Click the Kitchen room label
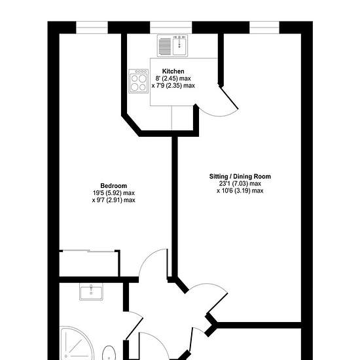click(x=173, y=71)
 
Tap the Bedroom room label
click(x=114, y=185)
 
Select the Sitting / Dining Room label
click(x=240, y=176)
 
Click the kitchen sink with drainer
click(x=172, y=46)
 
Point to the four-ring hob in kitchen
click(x=138, y=81)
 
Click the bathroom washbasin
click(x=91, y=291)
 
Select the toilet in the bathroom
click(x=109, y=352)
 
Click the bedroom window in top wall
click(x=92, y=27)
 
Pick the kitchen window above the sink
click(x=171, y=27)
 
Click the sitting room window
click(x=264, y=27)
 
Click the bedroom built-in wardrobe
click(x=90, y=263)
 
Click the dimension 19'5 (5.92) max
click(x=114, y=193)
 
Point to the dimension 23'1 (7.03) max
click(x=240, y=184)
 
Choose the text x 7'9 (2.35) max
click(x=173, y=86)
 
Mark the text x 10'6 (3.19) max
click(x=240, y=190)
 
